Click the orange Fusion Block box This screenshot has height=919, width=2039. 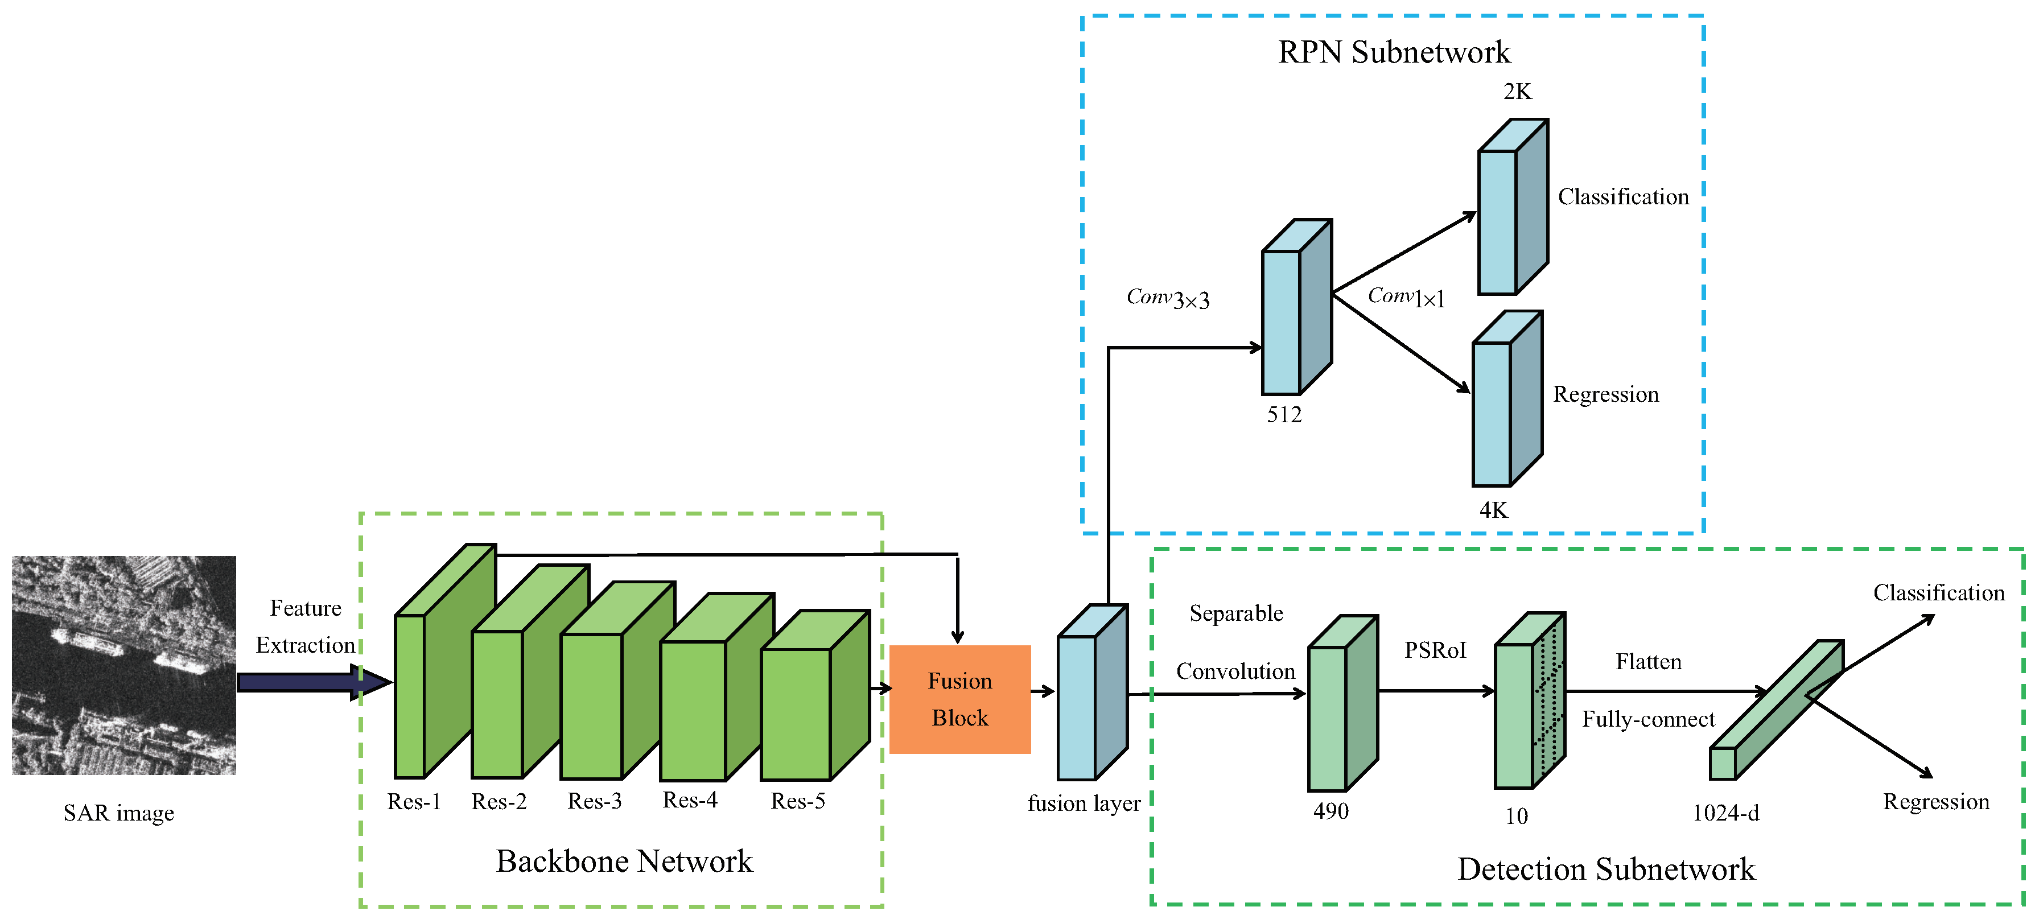pyautogui.click(x=959, y=699)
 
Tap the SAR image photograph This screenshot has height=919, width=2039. pyautogui.click(x=123, y=665)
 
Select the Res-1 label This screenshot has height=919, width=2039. pyautogui.click(x=413, y=802)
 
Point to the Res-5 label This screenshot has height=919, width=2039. pyautogui.click(x=798, y=801)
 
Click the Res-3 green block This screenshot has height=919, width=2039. pyautogui.click(x=591, y=704)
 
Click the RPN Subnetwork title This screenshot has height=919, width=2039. pyautogui.click(x=1394, y=52)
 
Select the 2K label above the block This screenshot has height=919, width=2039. pyautogui.click(x=1517, y=92)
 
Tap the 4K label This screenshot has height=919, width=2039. pyautogui.click(x=1494, y=510)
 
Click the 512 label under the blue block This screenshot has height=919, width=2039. pyautogui.click(x=1284, y=415)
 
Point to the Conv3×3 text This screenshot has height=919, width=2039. pyautogui.click(x=1168, y=298)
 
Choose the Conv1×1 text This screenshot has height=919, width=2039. pyautogui.click(x=1406, y=297)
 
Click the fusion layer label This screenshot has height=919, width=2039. pyautogui.click(x=1084, y=803)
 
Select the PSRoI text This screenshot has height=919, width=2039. pyautogui.click(x=1435, y=650)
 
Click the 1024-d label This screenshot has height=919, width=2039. pyautogui.click(x=1725, y=813)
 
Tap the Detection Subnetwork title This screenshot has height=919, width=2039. pyautogui.click(x=1606, y=869)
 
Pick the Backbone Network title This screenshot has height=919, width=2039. pyautogui.click(x=624, y=861)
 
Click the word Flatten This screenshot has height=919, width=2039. pyautogui.click(x=1648, y=662)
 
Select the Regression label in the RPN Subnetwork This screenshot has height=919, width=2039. pyautogui.click(x=1605, y=394)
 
